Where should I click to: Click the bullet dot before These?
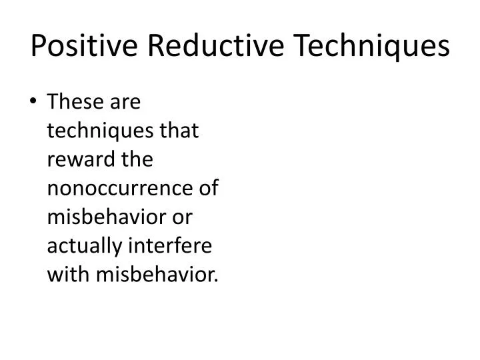click(x=33, y=103)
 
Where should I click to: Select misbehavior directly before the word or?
click(x=99, y=218)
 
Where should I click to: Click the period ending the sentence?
click(x=217, y=280)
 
